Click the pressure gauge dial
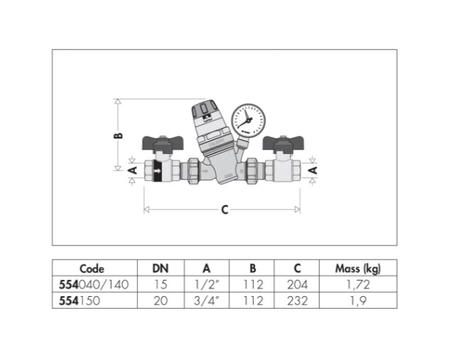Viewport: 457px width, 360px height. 249,121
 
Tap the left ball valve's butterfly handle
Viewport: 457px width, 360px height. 162,143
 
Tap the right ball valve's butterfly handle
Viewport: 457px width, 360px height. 284,143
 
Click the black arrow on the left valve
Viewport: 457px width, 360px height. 157,171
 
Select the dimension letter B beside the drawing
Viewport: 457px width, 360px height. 119,136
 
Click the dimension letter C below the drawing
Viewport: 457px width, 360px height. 225,209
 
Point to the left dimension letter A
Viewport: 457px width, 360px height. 133,170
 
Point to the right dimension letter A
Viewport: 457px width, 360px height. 313,170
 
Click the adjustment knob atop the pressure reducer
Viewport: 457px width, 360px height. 205,110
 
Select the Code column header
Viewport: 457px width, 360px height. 92,268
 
